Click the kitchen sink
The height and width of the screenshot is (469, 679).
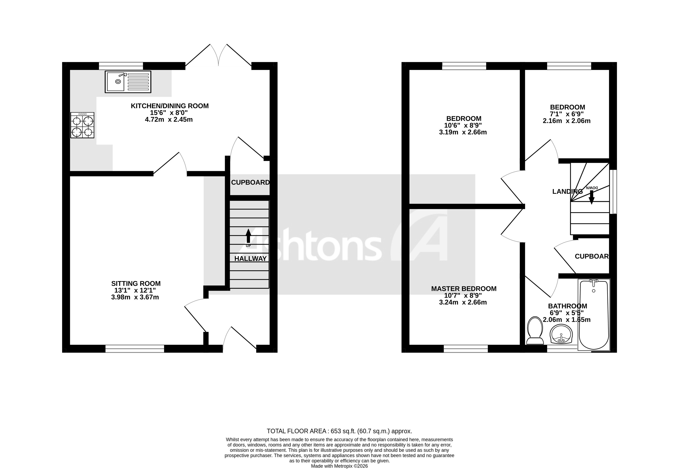128,82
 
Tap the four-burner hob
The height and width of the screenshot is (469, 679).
82,125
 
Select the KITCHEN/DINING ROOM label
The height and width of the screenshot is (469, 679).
170,106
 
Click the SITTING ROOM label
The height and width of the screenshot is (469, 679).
136,283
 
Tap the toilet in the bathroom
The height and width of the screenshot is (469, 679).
535,331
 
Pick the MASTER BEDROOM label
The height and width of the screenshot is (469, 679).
464,289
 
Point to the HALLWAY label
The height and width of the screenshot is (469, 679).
250,259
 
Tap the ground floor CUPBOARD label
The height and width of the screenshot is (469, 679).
250,182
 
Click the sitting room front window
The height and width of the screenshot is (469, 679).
135,349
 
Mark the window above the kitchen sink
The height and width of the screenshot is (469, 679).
121,66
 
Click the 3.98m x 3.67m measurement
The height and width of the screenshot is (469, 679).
135,297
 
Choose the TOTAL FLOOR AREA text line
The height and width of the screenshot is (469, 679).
339,431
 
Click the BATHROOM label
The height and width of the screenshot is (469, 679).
567,306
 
